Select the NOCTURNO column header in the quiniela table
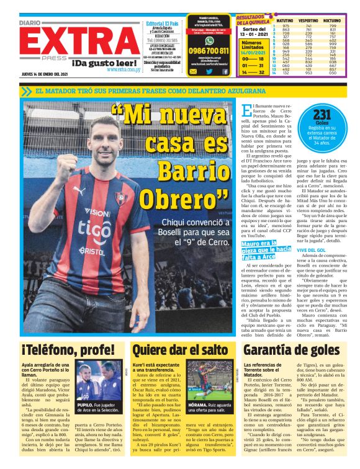click(333, 20)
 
